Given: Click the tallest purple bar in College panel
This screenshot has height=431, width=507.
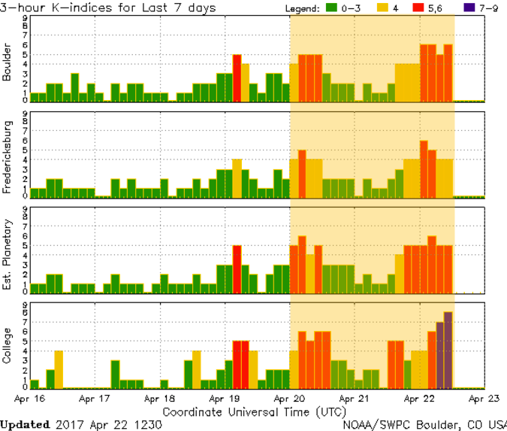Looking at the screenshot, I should (x=448, y=350).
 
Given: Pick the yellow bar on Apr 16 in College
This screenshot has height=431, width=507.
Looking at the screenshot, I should (x=58, y=369).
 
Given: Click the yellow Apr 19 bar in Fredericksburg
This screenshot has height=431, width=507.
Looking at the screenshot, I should (x=237, y=178).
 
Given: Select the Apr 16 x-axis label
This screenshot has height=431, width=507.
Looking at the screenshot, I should (x=30, y=399).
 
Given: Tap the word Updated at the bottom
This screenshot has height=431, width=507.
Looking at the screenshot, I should (x=26, y=424).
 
